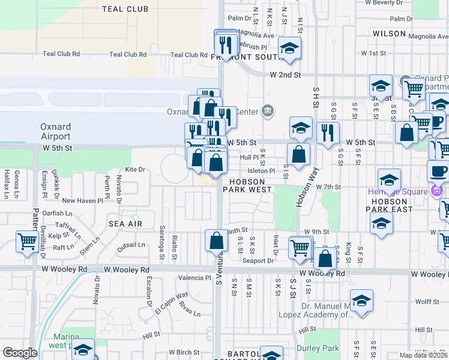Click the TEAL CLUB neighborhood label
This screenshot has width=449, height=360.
coord(125,9)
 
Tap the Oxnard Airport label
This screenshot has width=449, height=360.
coord(55,131)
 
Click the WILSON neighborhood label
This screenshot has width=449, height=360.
coord(390,34)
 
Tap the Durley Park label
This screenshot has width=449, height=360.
coord(318,347)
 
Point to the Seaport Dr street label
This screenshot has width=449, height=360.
coord(258,260)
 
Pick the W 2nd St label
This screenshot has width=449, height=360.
coord(284,75)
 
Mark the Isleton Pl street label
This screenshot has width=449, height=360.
coord(261,170)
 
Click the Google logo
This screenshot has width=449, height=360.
coord(19,353)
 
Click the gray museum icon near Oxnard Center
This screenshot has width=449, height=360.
coord(267,110)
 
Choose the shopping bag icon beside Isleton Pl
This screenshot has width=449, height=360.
coord(298,154)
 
